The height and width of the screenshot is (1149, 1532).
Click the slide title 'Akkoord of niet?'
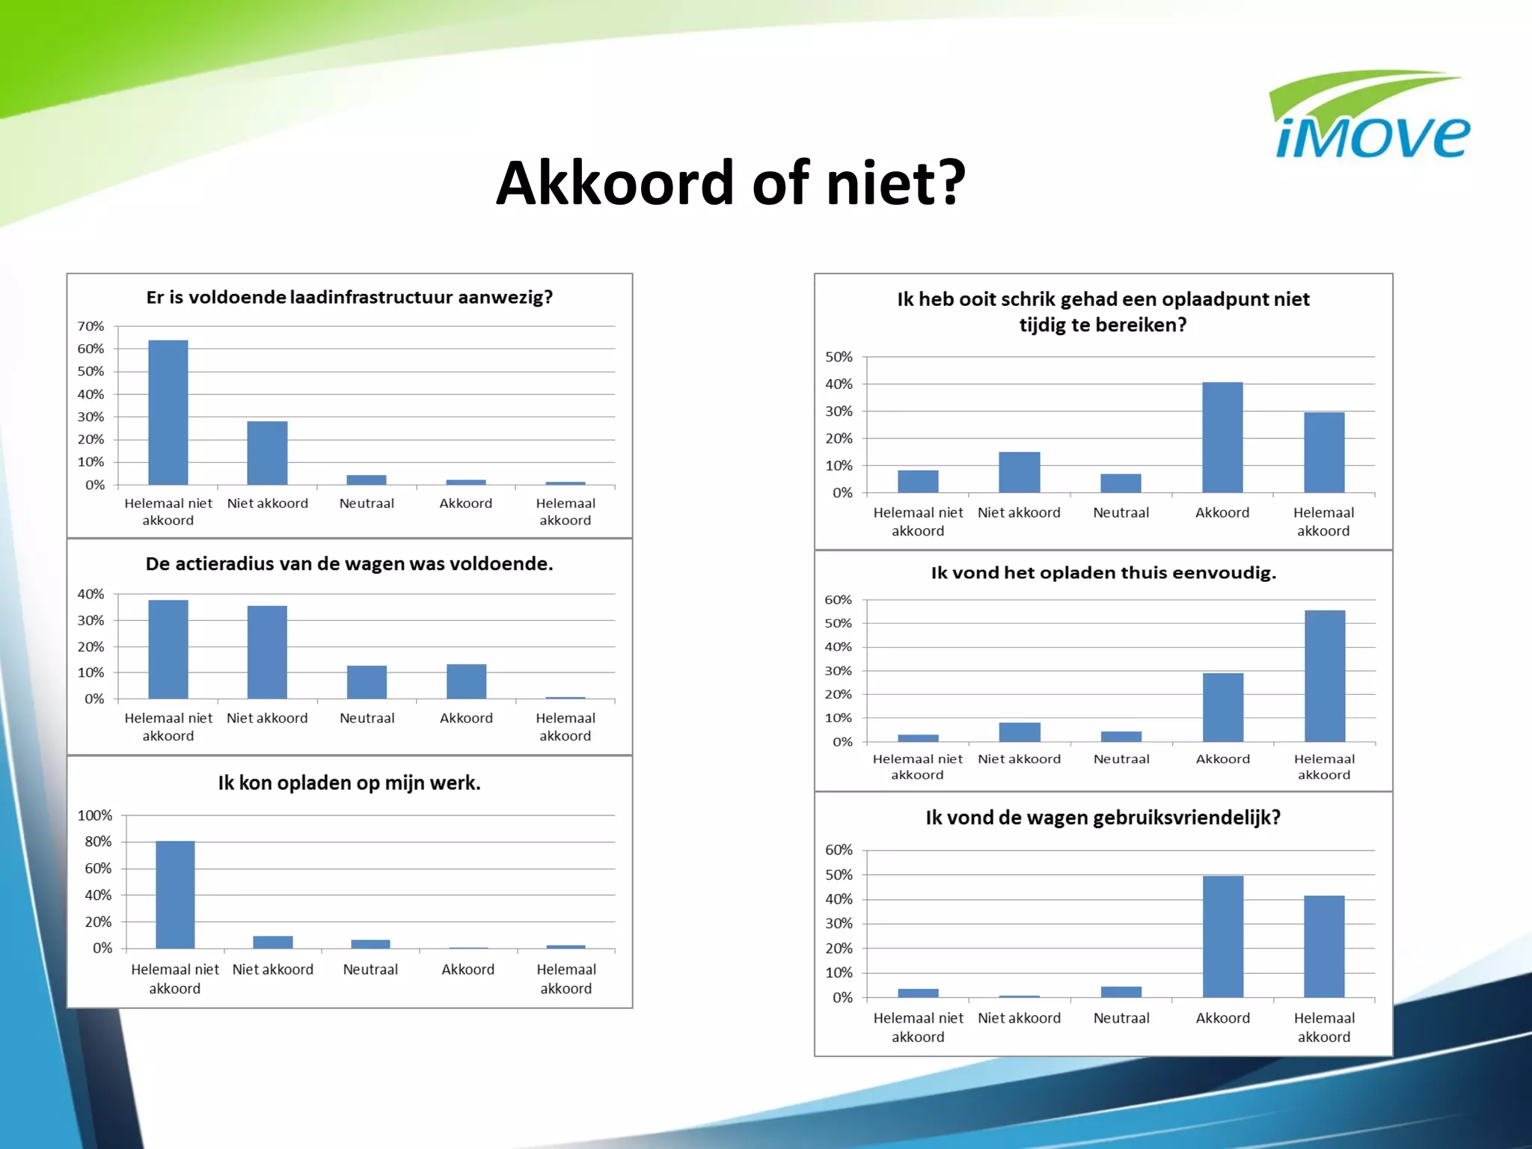click(730, 183)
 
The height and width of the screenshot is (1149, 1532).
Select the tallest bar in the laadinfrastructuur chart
click(168, 413)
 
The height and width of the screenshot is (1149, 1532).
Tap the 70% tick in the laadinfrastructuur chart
click(91, 326)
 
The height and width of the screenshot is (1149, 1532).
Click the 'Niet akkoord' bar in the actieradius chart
click(267, 652)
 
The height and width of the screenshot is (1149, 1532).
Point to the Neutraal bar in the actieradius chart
click(367, 682)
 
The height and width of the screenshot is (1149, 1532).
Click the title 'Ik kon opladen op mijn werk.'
click(349, 783)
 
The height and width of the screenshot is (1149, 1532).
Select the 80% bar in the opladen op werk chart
click(175, 895)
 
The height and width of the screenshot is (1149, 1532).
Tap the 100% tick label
click(94, 815)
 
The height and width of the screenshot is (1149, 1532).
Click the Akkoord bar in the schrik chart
click(1222, 438)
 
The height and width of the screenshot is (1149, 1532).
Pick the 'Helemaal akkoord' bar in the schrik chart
click(1324, 453)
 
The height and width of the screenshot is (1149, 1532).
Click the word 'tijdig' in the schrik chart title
click(1045, 325)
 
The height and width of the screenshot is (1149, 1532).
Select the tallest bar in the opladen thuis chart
click(1325, 676)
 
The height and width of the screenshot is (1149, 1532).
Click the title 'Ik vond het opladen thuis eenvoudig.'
click(1103, 573)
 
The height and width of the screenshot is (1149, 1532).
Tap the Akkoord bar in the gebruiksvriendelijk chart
click(1223, 937)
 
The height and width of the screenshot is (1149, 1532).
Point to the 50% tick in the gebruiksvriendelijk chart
click(839, 874)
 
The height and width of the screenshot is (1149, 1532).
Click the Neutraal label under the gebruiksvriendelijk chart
click(1121, 1018)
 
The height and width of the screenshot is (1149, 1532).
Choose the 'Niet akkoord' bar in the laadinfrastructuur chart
click(267, 453)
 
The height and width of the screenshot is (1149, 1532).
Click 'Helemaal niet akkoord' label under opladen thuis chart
click(918, 767)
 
